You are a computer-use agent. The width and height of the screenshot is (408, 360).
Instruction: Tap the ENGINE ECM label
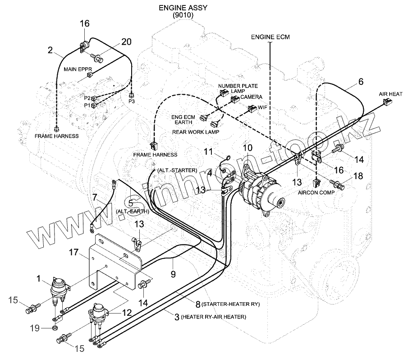(x=270, y=37)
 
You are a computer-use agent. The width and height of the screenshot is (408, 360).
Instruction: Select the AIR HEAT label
(x=390, y=94)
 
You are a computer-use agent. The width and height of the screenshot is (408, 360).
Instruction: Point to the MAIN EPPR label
(x=78, y=69)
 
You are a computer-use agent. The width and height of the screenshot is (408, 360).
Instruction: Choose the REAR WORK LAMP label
(x=196, y=132)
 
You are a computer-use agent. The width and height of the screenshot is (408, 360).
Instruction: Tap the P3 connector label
(x=131, y=102)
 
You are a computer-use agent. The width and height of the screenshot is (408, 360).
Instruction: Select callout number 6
(x=361, y=82)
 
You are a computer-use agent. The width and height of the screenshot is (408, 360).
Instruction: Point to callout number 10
(x=248, y=148)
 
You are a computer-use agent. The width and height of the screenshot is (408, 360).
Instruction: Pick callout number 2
(x=50, y=51)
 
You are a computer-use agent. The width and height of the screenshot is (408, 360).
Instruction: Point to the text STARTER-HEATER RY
(x=231, y=305)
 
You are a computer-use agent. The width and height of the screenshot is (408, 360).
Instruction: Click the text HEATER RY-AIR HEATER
(x=213, y=317)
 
